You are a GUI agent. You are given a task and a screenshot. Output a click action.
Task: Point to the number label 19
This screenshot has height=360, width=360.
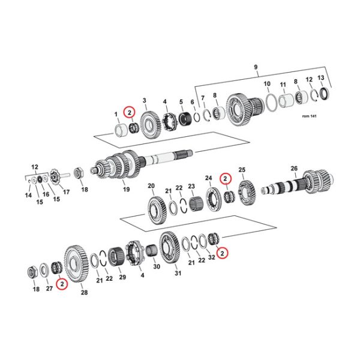126,190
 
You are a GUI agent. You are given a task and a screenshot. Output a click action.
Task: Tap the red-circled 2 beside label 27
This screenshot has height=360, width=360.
62,284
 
